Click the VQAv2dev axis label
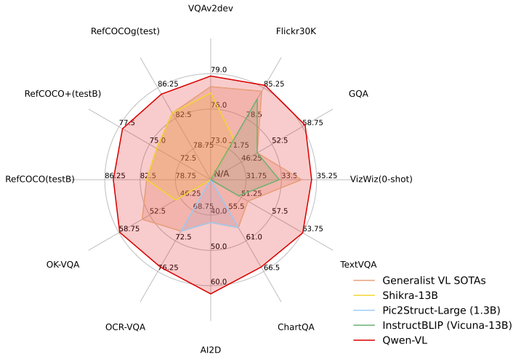point(210,9)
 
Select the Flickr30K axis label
point(296,31)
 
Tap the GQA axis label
point(358,94)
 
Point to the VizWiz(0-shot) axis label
point(381,179)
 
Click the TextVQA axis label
point(358,264)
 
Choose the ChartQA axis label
point(296,327)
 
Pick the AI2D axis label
point(210,350)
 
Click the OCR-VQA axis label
point(125,327)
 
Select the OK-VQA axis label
point(62,264)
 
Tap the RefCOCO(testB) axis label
point(40,179)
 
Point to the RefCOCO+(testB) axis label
point(62,94)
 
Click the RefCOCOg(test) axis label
point(125,31)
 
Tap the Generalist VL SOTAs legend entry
point(434,280)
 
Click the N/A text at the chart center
point(221,173)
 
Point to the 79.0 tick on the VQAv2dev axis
point(219,70)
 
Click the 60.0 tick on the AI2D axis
point(219,282)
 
